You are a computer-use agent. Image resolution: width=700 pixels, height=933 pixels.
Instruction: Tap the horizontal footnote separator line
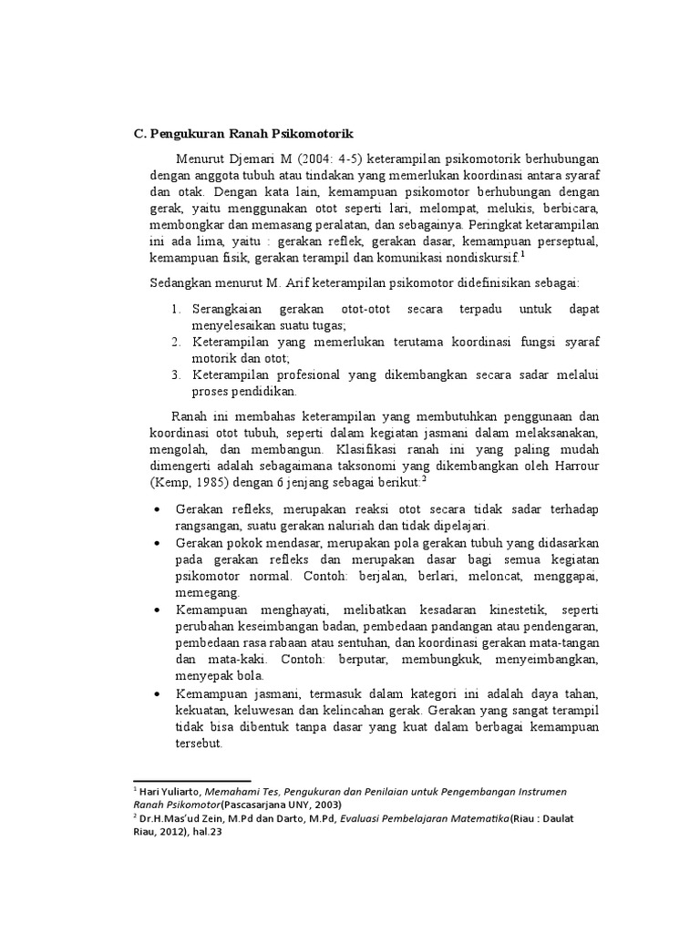(191, 781)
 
